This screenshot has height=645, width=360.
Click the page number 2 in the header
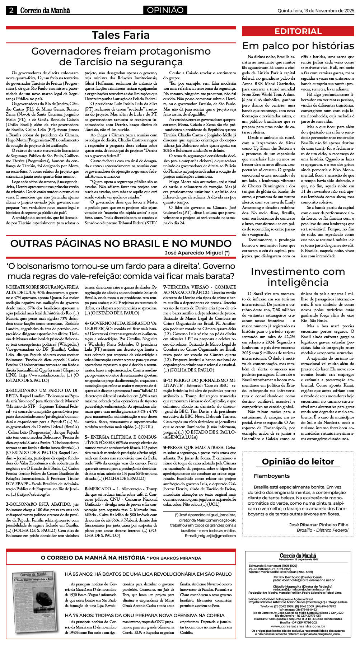click(11, 11)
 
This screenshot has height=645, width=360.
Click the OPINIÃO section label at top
click(165, 10)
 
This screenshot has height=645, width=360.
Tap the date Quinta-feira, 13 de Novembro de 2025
click(315, 11)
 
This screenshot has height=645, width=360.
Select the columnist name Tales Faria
click(121, 35)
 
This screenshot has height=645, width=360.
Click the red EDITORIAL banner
click(298, 31)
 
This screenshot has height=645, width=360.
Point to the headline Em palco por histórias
click(298, 46)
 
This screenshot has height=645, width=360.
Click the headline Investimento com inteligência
click(298, 276)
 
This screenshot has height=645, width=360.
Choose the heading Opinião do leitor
click(298, 462)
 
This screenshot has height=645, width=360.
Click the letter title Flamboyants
click(271, 476)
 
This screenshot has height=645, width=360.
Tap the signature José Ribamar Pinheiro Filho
click(319, 525)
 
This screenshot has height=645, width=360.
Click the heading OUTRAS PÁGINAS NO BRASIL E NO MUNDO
click(121, 243)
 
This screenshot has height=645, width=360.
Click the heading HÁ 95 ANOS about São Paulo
click(148, 574)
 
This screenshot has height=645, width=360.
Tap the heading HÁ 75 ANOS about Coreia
click(145, 615)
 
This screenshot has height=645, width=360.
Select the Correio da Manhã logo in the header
click(45, 11)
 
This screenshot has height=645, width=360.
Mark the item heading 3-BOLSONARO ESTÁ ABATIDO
click(42, 504)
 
